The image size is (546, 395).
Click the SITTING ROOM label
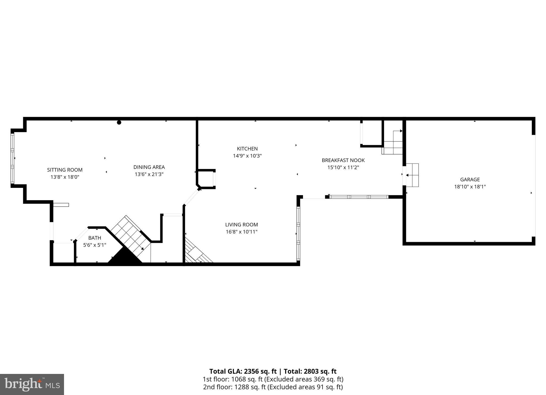pyautogui.click(x=65, y=170)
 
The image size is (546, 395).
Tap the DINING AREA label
pyautogui.click(x=149, y=167)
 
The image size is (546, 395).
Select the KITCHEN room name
pyautogui.click(x=247, y=149)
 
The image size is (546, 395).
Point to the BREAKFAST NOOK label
pyautogui.click(x=343, y=160)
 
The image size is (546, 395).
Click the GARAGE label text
pyautogui.click(x=470, y=180)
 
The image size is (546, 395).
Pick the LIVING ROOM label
pyautogui.click(x=241, y=225)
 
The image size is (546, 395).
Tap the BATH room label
pyautogui.click(x=95, y=238)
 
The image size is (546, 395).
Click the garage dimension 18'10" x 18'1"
pyautogui.click(x=470, y=187)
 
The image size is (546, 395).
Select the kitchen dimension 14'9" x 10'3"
pyautogui.click(x=247, y=156)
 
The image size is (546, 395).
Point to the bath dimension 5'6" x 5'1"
pyautogui.click(x=95, y=245)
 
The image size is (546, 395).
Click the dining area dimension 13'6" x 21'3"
pyautogui.click(x=149, y=174)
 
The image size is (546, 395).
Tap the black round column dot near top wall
pyautogui.click(x=119, y=123)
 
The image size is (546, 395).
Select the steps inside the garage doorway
pyautogui.click(x=413, y=175)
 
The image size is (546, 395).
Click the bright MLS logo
pyautogui.click(x=32, y=384)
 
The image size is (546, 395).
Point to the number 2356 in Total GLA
pyautogui.click(x=253, y=372)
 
